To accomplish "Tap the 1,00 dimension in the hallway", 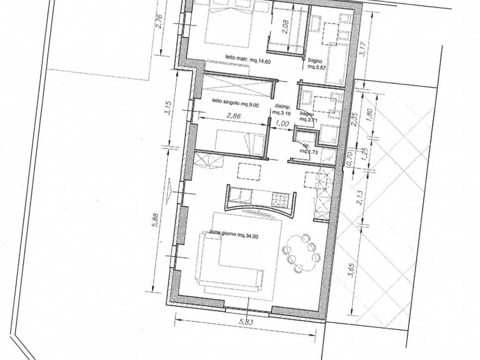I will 282,124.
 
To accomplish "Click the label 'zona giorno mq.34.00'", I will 228,237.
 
